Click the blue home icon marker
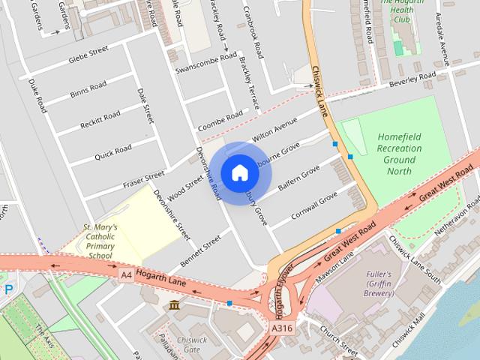pos(239,172)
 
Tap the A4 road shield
pos(125,275)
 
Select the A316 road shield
pos(281,328)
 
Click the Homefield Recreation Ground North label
pos(399,154)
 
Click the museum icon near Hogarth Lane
pos(174,305)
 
